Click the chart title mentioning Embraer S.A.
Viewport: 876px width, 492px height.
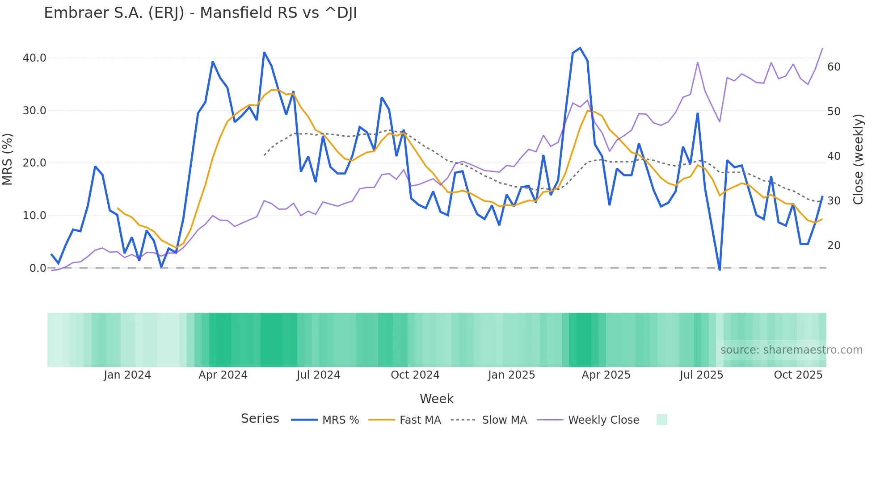200,13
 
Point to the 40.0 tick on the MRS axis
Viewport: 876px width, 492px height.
34,58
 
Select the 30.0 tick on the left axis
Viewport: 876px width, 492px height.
34,111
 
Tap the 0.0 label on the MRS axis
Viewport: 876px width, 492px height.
38,268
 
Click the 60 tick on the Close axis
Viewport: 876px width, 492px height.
834,67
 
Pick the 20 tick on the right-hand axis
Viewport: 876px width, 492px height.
834,246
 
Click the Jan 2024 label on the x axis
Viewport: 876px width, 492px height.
127,375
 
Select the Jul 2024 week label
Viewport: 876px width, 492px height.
318,375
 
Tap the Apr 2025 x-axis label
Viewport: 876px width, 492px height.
606,375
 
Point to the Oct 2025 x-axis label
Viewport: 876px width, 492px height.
798,375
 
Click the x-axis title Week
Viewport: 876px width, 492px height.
436,399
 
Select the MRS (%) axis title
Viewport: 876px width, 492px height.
8,159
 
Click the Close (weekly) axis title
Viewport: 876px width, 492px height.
858,159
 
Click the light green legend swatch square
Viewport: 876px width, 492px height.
661,420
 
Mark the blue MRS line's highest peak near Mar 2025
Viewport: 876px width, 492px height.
580,48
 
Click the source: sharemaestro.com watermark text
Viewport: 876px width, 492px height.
791,350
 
